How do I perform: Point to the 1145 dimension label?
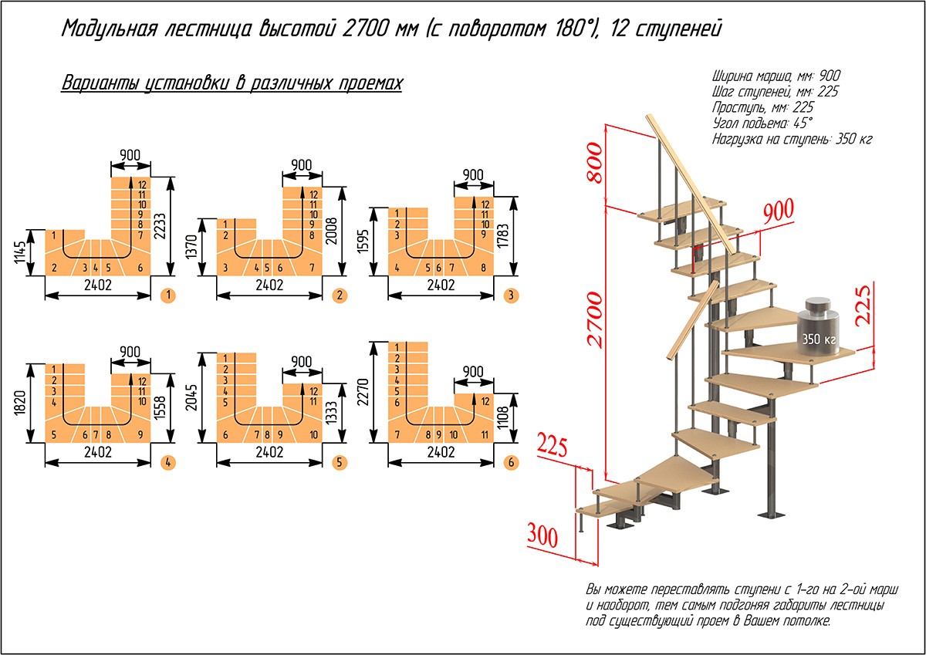click(20, 252)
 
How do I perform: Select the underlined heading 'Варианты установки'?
click(231, 83)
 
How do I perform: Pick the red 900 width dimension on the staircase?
click(779, 212)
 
